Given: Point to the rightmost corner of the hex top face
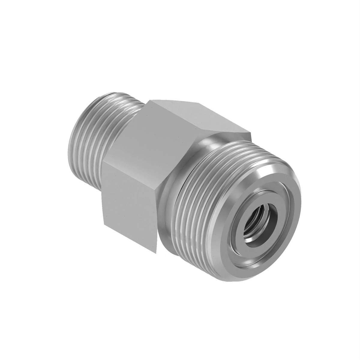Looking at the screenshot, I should pyautogui.click(x=251, y=132).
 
